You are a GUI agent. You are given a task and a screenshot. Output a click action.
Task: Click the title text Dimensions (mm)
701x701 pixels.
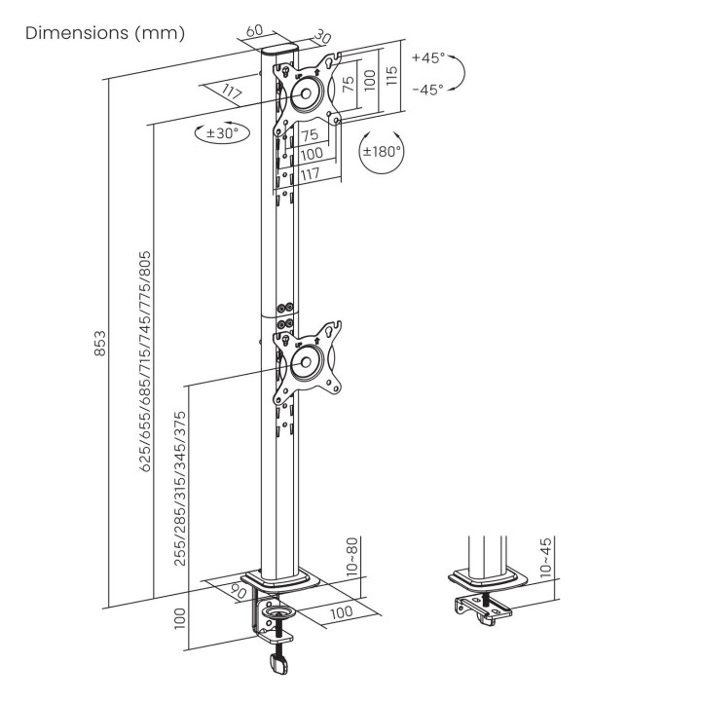coord(105,33)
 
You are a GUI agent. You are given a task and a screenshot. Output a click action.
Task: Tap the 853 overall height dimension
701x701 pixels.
coord(100,344)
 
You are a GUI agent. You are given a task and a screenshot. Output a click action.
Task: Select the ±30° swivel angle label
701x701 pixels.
coord(222,132)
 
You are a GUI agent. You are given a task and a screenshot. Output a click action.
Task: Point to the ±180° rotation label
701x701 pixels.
coord(382,151)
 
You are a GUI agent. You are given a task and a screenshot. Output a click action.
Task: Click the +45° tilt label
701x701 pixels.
coord(428,58)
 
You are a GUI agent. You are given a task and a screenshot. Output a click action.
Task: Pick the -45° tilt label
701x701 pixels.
coord(427,90)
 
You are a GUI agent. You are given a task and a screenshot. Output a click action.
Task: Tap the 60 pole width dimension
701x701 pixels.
coord(254,31)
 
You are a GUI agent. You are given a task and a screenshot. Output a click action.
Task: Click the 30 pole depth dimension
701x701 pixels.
coord(321,37)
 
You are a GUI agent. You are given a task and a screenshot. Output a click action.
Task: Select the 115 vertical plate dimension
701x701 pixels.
coord(390,76)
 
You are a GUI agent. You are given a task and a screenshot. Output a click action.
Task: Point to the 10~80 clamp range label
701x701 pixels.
coord(352,556)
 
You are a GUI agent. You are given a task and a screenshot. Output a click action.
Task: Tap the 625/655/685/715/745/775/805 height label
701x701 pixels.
coord(145,361)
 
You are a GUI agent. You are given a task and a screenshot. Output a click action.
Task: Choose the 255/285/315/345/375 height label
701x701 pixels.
coord(179,489)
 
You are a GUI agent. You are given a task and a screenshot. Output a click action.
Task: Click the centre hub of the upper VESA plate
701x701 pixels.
coord(306,93)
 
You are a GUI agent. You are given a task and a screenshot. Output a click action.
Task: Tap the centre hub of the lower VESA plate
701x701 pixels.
coord(306,361)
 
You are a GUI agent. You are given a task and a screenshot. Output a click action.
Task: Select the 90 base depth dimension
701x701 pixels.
coord(239,591)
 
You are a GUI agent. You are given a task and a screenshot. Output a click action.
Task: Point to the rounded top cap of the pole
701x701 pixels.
coord(279,48)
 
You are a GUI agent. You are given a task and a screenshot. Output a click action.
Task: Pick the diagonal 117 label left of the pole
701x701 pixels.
coord(232,92)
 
